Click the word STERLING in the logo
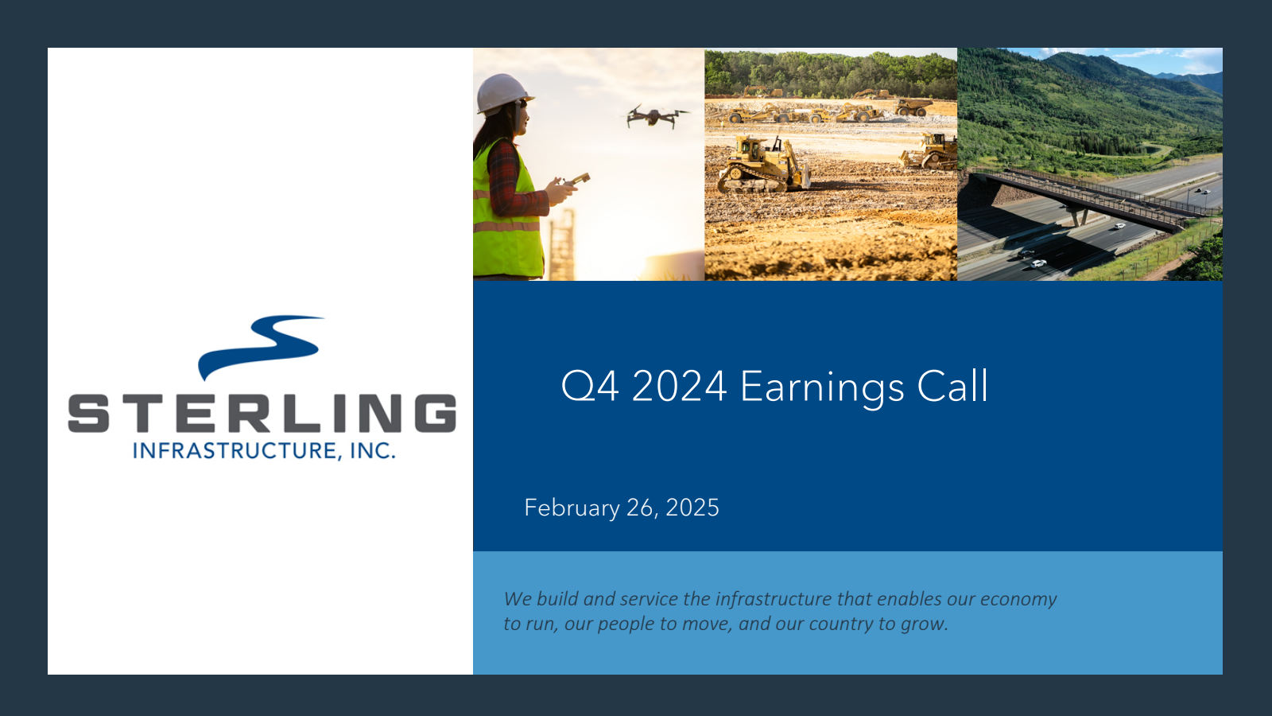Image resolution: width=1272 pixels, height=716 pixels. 262,413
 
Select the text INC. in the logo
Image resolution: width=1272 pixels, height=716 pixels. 373,450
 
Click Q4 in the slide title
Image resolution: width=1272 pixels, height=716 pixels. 589,387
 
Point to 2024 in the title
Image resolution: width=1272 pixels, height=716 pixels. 679,387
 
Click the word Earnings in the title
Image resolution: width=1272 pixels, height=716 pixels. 822,387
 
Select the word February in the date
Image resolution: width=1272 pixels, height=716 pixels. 572,508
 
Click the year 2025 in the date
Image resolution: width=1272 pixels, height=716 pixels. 692,508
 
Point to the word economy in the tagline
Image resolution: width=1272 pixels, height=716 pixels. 1018,600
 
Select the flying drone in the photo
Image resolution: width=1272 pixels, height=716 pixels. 657,116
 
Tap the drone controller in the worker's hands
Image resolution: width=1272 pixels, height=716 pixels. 576,180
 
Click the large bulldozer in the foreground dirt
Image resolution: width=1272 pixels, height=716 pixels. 763,165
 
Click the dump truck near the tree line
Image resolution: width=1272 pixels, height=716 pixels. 913,107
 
